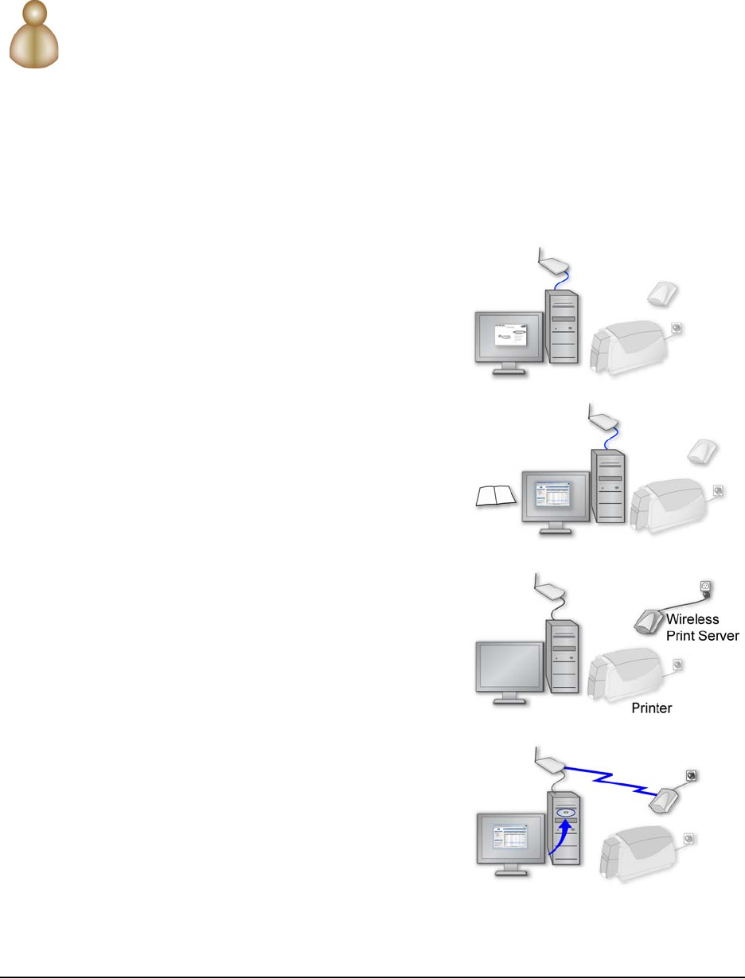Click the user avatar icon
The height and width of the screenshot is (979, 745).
(x=35, y=37)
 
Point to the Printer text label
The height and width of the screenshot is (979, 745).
(x=652, y=707)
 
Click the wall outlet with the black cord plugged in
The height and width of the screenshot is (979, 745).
(x=704, y=588)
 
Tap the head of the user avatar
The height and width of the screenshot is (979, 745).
(x=36, y=17)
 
